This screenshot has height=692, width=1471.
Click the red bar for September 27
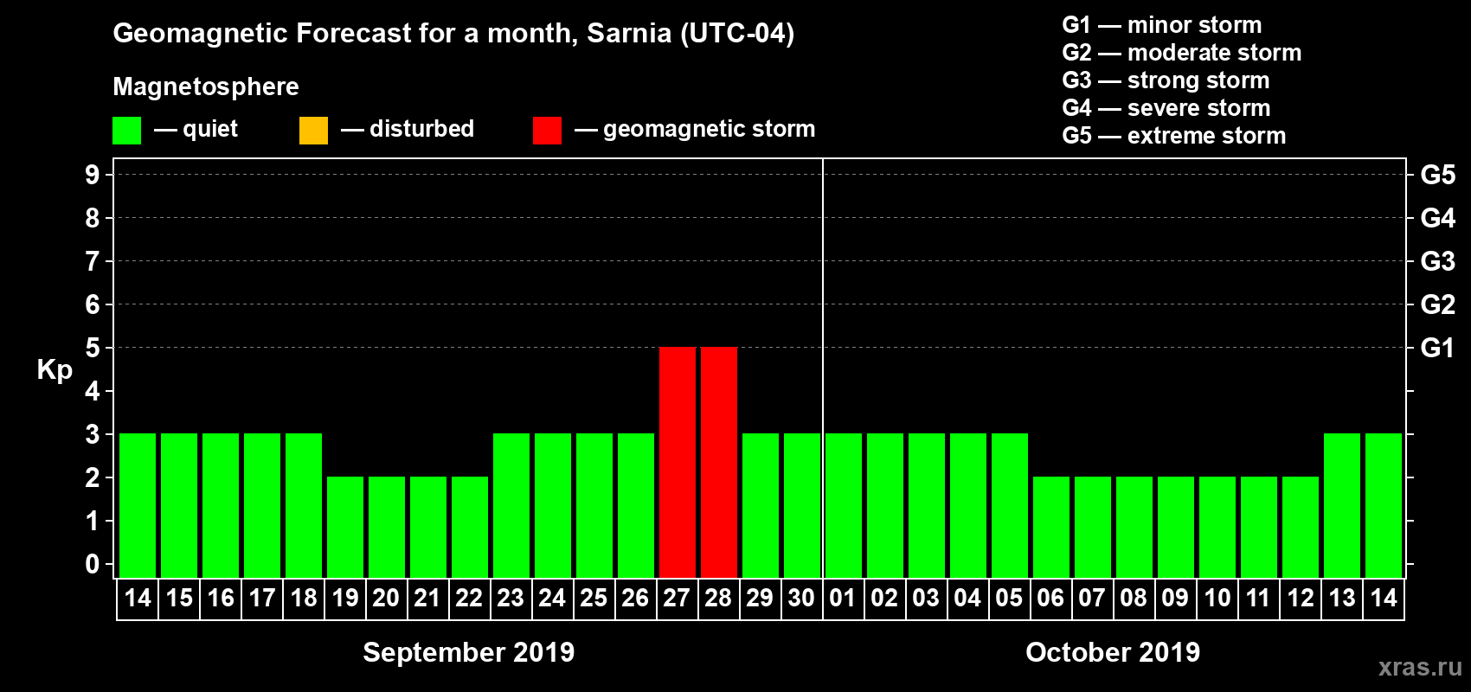pos(677,462)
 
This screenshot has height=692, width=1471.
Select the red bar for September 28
pos(718,462)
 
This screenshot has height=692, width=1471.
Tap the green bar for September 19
pos(345,527)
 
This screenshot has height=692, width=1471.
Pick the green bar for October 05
pos(1009,505)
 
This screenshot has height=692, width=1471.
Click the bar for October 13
pos(1341,505)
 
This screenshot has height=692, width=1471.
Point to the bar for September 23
pos(511,505)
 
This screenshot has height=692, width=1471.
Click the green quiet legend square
pos(126,131)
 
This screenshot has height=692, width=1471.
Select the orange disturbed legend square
pos(313,131)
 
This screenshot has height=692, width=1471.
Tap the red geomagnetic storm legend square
pos(547,131)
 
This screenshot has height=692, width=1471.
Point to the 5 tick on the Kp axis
pos(93,348)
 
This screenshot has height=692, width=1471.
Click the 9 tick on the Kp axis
pos(93,175)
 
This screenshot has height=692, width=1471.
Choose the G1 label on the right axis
pos(1437,348)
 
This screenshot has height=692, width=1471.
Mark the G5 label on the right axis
pos(1437,175)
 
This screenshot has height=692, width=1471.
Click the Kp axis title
pos(55,369)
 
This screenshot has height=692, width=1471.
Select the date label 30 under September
pos(801,598)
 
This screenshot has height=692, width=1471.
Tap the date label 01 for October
pos(843,598)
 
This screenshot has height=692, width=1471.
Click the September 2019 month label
pos(468,652)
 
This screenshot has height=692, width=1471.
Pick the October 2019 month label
pos(1113,652)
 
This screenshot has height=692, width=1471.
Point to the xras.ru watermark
pos(1420,667)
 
